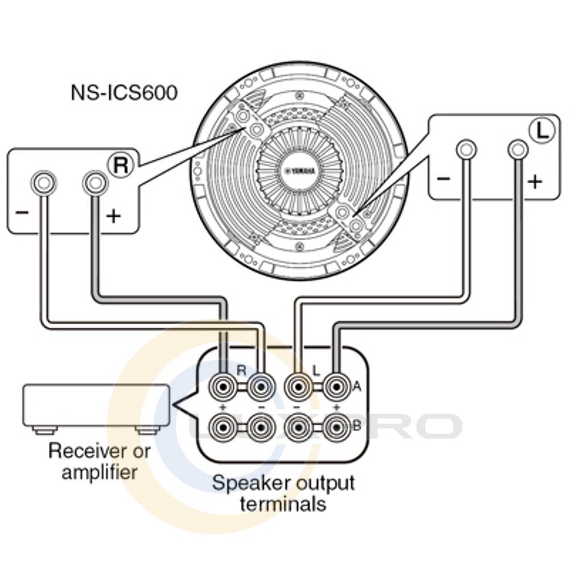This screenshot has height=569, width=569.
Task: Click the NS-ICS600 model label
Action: tap(123, 92)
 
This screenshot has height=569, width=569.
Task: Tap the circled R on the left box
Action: tap(121, 164)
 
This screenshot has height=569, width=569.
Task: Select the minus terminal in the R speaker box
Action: tap(44, 183)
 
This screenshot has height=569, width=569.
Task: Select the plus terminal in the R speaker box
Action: tap(94, 183)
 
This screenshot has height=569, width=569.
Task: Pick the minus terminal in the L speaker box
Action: tap(466, 150)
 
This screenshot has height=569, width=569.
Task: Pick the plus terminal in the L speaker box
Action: tap(517, 150)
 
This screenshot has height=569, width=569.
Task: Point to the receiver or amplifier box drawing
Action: tap(96, 406)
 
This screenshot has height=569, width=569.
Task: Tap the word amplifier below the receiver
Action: tap(100, 472)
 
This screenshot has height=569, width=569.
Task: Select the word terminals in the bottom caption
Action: tap(283, 504)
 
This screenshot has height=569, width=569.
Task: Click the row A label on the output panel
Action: tap(357, 386)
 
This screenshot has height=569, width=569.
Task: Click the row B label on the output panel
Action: tap(357, 425)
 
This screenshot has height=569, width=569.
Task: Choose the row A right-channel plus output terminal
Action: tap(221, 389)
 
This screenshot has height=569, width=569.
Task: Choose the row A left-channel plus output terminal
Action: tap(335, 389)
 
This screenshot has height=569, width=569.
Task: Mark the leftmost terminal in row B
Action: tap(221, 426)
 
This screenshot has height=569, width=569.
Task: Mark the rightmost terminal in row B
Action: tap(335, 426)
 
